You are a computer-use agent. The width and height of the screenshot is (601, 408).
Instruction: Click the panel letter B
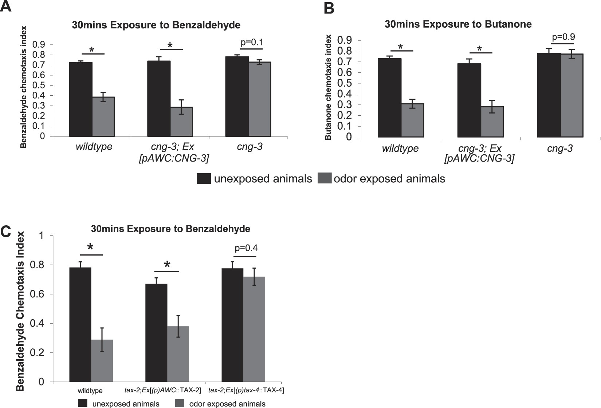pos(329,8)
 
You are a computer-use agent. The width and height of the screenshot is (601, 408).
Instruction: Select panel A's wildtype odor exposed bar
pos(103,116)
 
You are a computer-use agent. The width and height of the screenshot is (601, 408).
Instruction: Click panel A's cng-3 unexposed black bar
pos(237,96)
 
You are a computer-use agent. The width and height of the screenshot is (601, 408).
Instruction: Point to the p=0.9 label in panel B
pos(563,37)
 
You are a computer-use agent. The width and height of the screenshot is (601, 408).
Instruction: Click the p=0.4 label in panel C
pos(246,248)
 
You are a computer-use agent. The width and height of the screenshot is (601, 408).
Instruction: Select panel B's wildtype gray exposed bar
pos(412,120)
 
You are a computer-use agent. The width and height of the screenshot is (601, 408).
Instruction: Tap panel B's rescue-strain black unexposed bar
pos(469,100)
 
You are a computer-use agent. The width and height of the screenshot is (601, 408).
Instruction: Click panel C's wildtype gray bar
pos(102,360)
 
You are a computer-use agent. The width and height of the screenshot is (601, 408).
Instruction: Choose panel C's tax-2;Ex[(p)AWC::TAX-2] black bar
pos(156,333)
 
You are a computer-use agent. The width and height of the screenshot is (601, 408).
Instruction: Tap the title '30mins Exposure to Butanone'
pos(458,24)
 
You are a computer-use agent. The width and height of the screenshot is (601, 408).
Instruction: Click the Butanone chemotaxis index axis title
pos(329,87)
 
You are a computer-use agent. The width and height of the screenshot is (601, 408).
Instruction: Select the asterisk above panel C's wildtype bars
pos(91,248)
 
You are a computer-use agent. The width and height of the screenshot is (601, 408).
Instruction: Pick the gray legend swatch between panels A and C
pos(325,179)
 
